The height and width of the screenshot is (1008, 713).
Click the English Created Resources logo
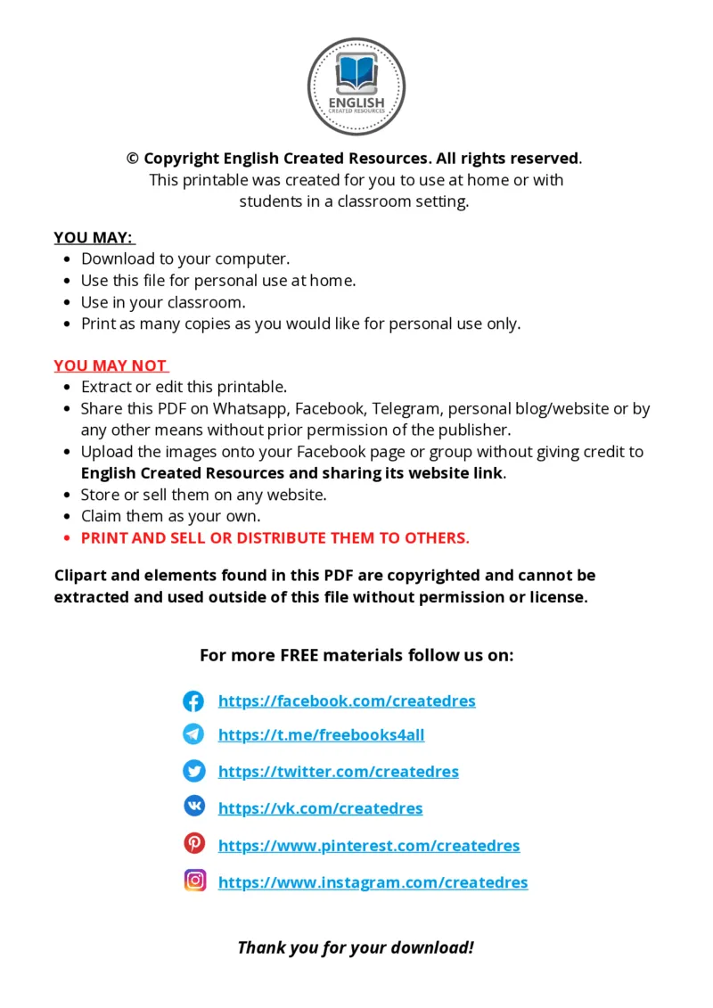356,86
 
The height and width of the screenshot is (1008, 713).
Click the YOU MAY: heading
94,238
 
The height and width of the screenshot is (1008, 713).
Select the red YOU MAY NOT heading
111,366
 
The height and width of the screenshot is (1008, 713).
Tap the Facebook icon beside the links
193,701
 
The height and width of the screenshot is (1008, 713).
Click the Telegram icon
193,734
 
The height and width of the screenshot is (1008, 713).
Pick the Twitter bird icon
193,771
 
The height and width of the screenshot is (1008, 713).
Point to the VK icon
193,807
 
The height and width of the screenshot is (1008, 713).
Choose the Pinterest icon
193,843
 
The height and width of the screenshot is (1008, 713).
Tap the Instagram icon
195,881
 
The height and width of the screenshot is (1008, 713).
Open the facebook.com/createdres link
347,701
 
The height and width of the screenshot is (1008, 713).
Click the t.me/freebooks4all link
321,735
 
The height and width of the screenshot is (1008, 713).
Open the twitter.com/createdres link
338,772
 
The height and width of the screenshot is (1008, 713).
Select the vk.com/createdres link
320,808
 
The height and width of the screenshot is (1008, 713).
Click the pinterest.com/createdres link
368,846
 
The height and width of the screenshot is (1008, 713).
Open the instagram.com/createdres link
373,882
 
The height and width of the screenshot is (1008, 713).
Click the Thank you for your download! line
356,947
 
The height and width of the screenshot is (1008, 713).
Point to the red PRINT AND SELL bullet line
275,538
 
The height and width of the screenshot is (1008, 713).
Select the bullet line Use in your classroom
163,302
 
